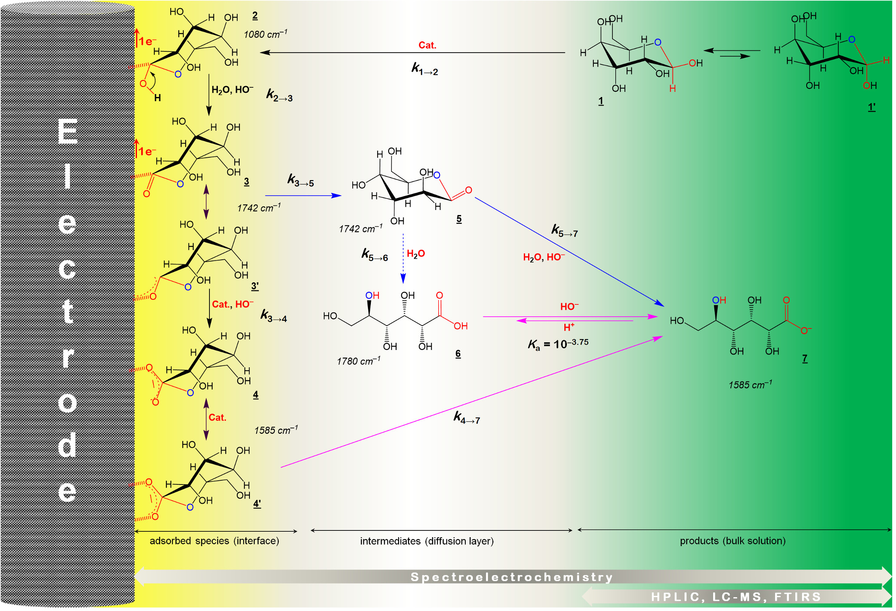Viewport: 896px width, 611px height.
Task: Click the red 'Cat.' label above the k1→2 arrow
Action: pyautogui.click(x=427, y=45)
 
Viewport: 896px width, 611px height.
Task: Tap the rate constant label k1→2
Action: pyautogui.click(x=424, y=69)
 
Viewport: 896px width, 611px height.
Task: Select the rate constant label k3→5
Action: pyautogui.click(x=300, y=180)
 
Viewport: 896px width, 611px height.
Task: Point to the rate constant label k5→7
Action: pyautogui.click(x=564, y=231)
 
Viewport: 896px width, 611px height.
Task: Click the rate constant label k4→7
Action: pyautogui.click(x=467, y=417)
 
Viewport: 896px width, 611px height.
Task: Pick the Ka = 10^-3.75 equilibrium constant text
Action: pyautogui.click(x=558, y=344)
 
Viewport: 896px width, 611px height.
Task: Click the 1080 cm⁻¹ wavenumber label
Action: pyautogui.click(x=265, y=34)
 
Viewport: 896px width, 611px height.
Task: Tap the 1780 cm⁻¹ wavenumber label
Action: pyautogui.click(x=358, y=361)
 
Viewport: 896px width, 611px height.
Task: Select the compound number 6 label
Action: pyautogui.click(x=458, y=353)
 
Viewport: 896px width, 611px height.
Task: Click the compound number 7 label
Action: pyautogui.click(x=805, y=358)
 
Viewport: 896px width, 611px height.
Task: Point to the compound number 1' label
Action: pyautogui.click(x=872, y=107)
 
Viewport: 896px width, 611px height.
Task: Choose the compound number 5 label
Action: pyautogui.click(x=459, y=219)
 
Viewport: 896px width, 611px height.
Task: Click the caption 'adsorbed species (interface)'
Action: pyautogui.click(x=214, y=541)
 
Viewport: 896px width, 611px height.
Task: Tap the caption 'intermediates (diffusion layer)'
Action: pyautogui.click(x=427, y=541)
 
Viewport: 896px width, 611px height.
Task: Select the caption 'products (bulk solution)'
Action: pyautogui.click(x=732, y=541)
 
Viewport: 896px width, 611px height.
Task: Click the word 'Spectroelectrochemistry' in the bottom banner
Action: pyautogui.click(x=512, y=577)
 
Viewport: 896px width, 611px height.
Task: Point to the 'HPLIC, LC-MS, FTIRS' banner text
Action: pyautogui.click(x=736, y=597)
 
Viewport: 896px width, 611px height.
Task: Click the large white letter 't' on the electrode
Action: pyautogui.click(x=67, y=312)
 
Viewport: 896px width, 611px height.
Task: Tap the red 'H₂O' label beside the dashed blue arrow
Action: pyautogui.click(x=416, y=253)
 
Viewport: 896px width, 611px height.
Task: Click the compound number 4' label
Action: pyautogui.click(x=257, y=503)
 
